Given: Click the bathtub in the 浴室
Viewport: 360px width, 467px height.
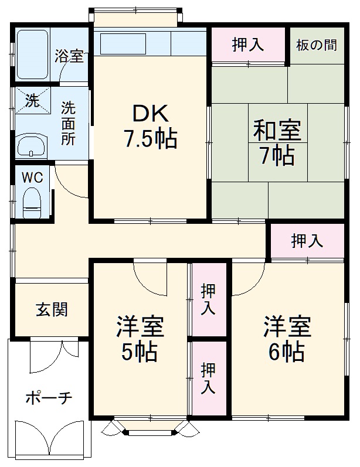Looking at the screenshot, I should [32, 54].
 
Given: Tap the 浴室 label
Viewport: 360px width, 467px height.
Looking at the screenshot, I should [69, 57].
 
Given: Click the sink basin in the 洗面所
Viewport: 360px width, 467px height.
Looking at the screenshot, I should [32, 145].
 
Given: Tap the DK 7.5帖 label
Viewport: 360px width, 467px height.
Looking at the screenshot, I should [150, 126].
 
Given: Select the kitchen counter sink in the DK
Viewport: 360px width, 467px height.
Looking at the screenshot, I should [123, 44].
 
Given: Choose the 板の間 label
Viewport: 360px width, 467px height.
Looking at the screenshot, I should [317, 46].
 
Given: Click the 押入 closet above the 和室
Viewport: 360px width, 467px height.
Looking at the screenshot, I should [249, 45].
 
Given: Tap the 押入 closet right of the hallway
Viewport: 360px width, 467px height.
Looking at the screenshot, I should [307, 241].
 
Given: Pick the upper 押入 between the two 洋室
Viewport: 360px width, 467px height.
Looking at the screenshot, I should [208, 299].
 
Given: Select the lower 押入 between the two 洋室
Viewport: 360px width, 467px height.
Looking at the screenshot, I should [208, 378].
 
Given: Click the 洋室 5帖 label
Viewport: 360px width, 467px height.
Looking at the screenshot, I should [139, 338].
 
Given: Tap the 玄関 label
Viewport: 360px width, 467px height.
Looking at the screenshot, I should [52, 309].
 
